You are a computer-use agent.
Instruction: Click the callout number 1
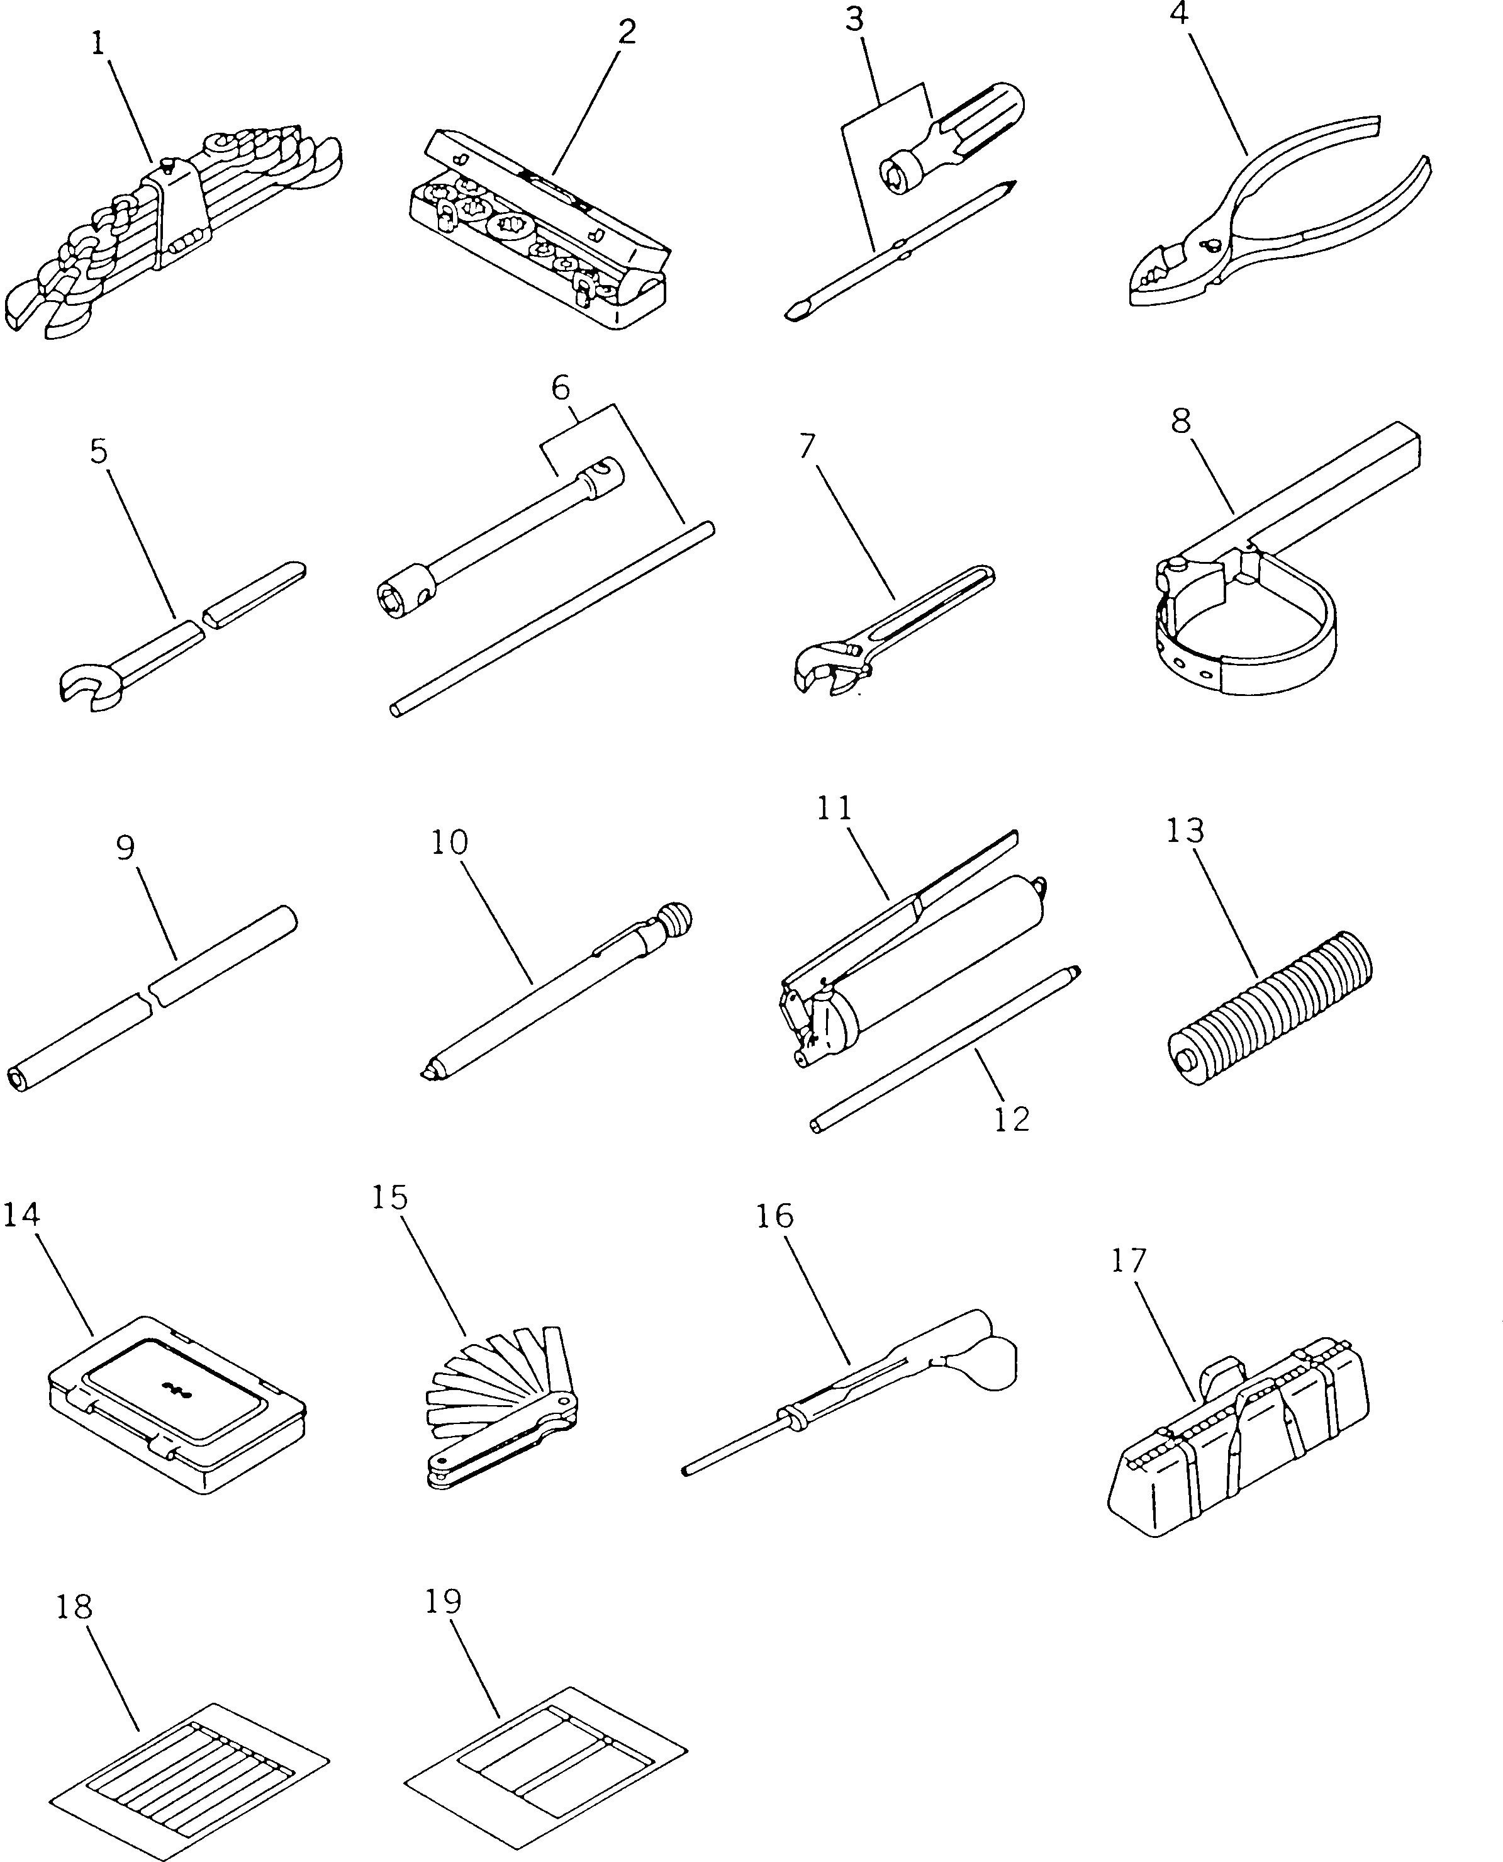99,43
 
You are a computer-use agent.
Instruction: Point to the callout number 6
561,387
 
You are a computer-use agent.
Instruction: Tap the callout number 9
126,847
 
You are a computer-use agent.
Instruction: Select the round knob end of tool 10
677,916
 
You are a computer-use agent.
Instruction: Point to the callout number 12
1011,1120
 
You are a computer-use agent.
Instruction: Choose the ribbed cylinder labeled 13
1268,996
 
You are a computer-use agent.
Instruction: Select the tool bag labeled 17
1238,1442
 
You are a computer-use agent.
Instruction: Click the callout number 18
74,1607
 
